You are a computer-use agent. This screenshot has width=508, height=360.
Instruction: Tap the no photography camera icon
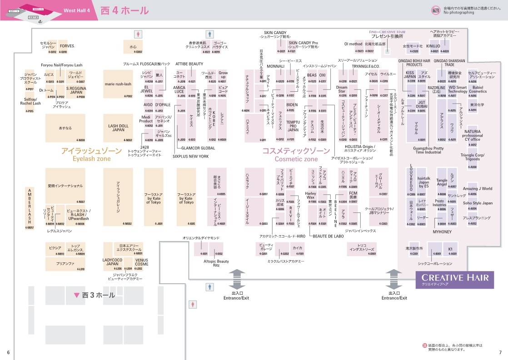click(x=436, y=10)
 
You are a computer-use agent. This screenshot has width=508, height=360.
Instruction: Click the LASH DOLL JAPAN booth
click(x=118, y=128)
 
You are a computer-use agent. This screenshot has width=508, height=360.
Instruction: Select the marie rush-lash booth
click(x=118, y=84)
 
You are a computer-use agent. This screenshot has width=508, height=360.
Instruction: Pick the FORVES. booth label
click(x=67, y=46)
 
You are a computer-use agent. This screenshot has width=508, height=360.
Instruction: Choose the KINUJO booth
click(x=433, y=46)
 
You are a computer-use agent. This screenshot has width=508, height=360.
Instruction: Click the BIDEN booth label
click(x=292, y=105)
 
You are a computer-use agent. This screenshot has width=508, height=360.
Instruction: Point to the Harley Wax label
click(x=311, y=196)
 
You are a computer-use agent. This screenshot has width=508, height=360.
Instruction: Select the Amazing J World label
click(x=477, y=189)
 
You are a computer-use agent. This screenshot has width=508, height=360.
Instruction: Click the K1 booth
click(x=450, y=249)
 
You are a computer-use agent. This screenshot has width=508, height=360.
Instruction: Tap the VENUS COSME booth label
click(x=141, y=262)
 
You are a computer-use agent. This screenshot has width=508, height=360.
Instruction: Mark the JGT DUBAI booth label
click(x=422, y=104)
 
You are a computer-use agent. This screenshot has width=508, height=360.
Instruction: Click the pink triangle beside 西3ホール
click(x=76, y=295)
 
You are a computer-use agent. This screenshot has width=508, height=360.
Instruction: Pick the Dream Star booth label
click(x=341, y=89)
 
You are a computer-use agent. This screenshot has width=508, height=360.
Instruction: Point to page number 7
click(x=500, y=353)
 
